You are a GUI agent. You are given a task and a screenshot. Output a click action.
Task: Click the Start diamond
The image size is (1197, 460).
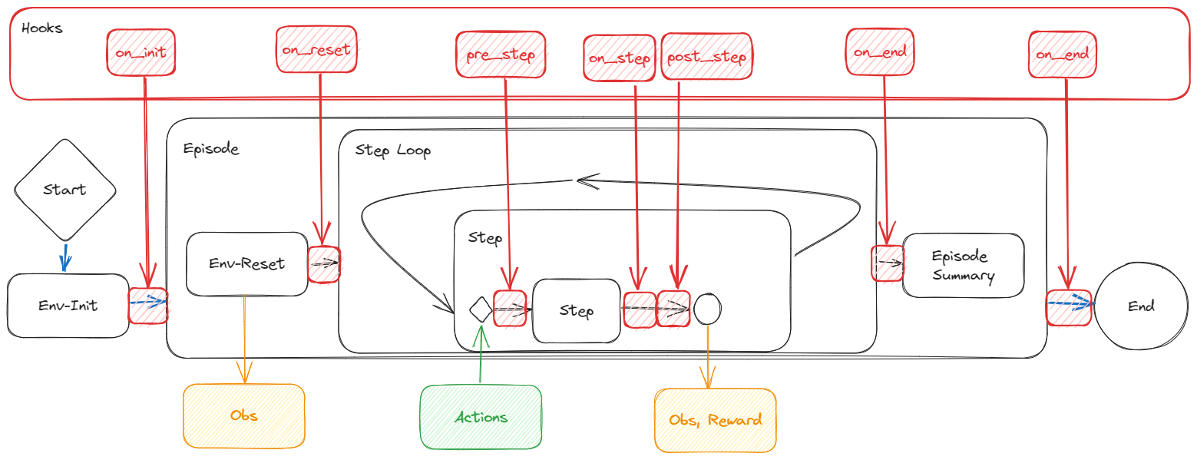point(64,190)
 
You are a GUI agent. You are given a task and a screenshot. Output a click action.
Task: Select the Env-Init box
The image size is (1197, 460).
point(68,306)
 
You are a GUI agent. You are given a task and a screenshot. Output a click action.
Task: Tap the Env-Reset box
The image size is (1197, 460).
point(246,264)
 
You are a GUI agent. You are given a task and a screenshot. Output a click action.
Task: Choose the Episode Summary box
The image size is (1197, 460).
point(963,266)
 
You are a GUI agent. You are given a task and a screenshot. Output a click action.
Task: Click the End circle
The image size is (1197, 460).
point(1141,306)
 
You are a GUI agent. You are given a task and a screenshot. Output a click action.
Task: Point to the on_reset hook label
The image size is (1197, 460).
point(316,50)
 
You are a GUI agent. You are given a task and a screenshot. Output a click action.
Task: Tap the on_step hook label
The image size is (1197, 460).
point(620,58)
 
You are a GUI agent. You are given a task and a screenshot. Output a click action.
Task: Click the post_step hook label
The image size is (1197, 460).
point(707,58)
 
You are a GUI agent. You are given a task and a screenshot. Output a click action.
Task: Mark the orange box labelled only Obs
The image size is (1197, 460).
point(244,415)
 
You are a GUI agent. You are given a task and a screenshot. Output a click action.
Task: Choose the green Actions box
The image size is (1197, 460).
point(481,417)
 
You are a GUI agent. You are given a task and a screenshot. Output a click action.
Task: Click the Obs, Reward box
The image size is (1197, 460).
point(715,420)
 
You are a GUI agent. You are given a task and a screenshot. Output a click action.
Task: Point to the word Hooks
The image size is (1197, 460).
point(42,28)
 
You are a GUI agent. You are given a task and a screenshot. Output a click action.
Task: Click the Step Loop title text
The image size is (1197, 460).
point(393,150)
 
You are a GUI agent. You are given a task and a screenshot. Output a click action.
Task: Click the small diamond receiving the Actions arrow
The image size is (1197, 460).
point(480,309)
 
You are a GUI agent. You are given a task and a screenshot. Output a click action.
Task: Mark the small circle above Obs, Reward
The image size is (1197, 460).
point(706,309)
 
